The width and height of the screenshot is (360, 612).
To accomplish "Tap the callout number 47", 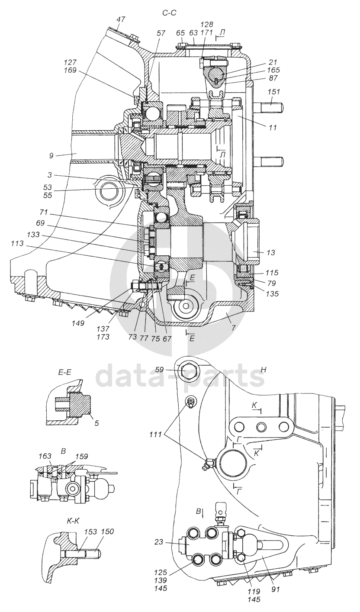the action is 120,19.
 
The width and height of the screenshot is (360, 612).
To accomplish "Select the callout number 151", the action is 274,92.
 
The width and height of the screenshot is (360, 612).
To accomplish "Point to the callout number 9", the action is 51,155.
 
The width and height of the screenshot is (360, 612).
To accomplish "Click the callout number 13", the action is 271,252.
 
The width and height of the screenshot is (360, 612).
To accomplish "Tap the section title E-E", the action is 65,373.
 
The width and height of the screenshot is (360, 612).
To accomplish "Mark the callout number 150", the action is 108,531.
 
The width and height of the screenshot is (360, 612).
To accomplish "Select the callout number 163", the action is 45,456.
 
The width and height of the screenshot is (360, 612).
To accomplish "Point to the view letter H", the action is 264,370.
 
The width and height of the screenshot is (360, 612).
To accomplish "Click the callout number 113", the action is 17,243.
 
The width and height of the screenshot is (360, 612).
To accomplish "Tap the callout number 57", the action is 161,33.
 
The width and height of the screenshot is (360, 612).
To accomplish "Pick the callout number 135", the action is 272,294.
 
